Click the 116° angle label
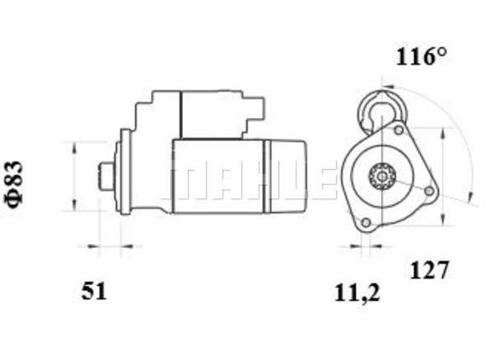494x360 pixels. [422, 57]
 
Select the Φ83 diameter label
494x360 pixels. [14, 185]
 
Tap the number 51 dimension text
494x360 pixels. [94, 291]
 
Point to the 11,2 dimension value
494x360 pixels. [357, 294]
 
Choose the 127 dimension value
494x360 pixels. [428, 270]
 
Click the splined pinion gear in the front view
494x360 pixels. [381, 176]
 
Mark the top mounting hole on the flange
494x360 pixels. [398, 130]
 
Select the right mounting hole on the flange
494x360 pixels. [429, 191]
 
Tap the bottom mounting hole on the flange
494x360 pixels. [366, 222]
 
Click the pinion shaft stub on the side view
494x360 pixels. [107, 176]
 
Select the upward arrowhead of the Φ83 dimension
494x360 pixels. [74, 147]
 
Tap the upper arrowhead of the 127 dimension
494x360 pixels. [443, 133]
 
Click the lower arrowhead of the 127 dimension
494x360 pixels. [443, 220]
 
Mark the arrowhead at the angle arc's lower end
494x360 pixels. [470, 195]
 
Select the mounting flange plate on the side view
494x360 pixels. [125, 172]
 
